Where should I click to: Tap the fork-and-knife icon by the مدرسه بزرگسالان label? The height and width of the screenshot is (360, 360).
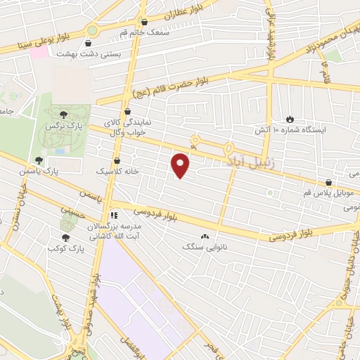click(x=114, y=215)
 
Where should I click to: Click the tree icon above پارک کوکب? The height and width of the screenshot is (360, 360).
click(x=66, y=238)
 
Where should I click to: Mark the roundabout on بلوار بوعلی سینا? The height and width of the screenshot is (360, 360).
click(x=91, y=30)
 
